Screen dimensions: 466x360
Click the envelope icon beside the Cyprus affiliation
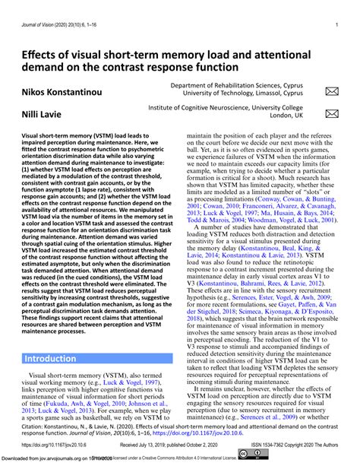(x=331, y=92)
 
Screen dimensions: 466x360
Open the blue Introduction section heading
(x=49, y=358)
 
